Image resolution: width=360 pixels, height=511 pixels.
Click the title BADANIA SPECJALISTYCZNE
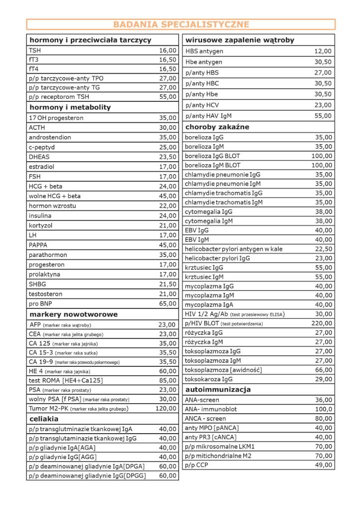180,24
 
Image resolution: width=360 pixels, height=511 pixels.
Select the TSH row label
35,50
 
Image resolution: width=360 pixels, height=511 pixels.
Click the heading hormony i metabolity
70,107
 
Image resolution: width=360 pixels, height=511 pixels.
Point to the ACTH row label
37,128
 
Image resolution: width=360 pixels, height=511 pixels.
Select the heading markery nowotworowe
74,314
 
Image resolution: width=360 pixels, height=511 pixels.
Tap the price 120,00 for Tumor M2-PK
166,408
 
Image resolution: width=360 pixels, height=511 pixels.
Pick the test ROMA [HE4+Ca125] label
66,380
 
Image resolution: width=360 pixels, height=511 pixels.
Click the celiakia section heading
44,419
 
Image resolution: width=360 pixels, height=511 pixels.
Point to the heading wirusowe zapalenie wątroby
240,40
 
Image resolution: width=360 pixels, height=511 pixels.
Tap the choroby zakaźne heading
217,127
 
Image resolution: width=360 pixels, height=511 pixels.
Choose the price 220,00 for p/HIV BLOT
322,323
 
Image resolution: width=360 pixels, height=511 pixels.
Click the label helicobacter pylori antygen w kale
234,249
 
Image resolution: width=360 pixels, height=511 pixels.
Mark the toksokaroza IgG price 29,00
323,379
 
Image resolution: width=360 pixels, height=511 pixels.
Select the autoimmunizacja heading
218,389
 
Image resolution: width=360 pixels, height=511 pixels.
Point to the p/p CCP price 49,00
323,465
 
